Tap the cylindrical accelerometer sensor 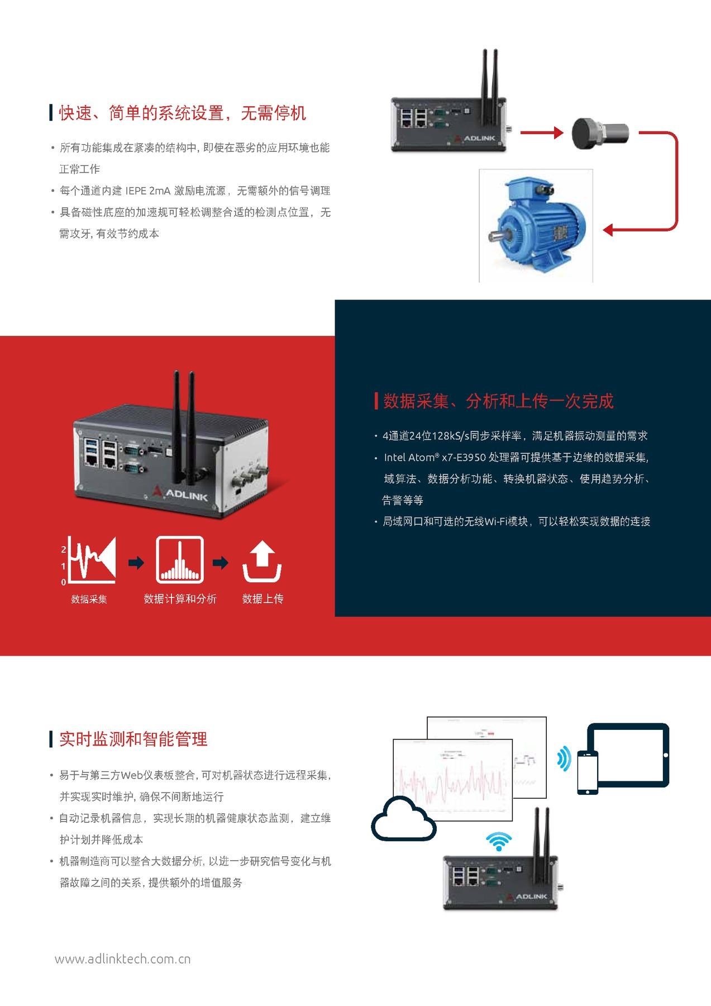[x=600, y=133]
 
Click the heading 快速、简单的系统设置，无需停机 [x=183, y=113]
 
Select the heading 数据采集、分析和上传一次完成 [x=498, y=401]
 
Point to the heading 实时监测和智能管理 [x=133, y=739]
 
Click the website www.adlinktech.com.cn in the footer [x=123, y=959]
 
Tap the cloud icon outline [x=403, y=819]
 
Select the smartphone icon [x=587, y=772]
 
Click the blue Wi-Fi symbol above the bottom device [x=500, y=841]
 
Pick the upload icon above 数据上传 [x=262, y=561]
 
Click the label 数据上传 [x=263, y=599]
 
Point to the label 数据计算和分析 [x=180, y=599]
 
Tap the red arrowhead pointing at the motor [x=609, y=230]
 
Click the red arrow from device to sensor [x=541, y=133]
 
